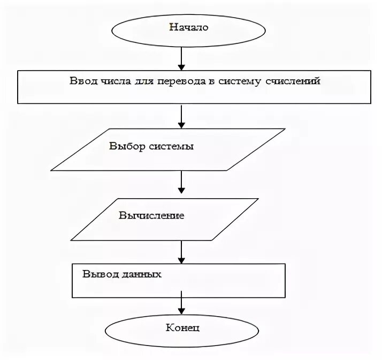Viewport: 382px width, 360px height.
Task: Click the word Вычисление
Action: (x=151, y=215)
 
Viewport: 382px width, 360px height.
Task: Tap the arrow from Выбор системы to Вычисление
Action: (x=182, y=183)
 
